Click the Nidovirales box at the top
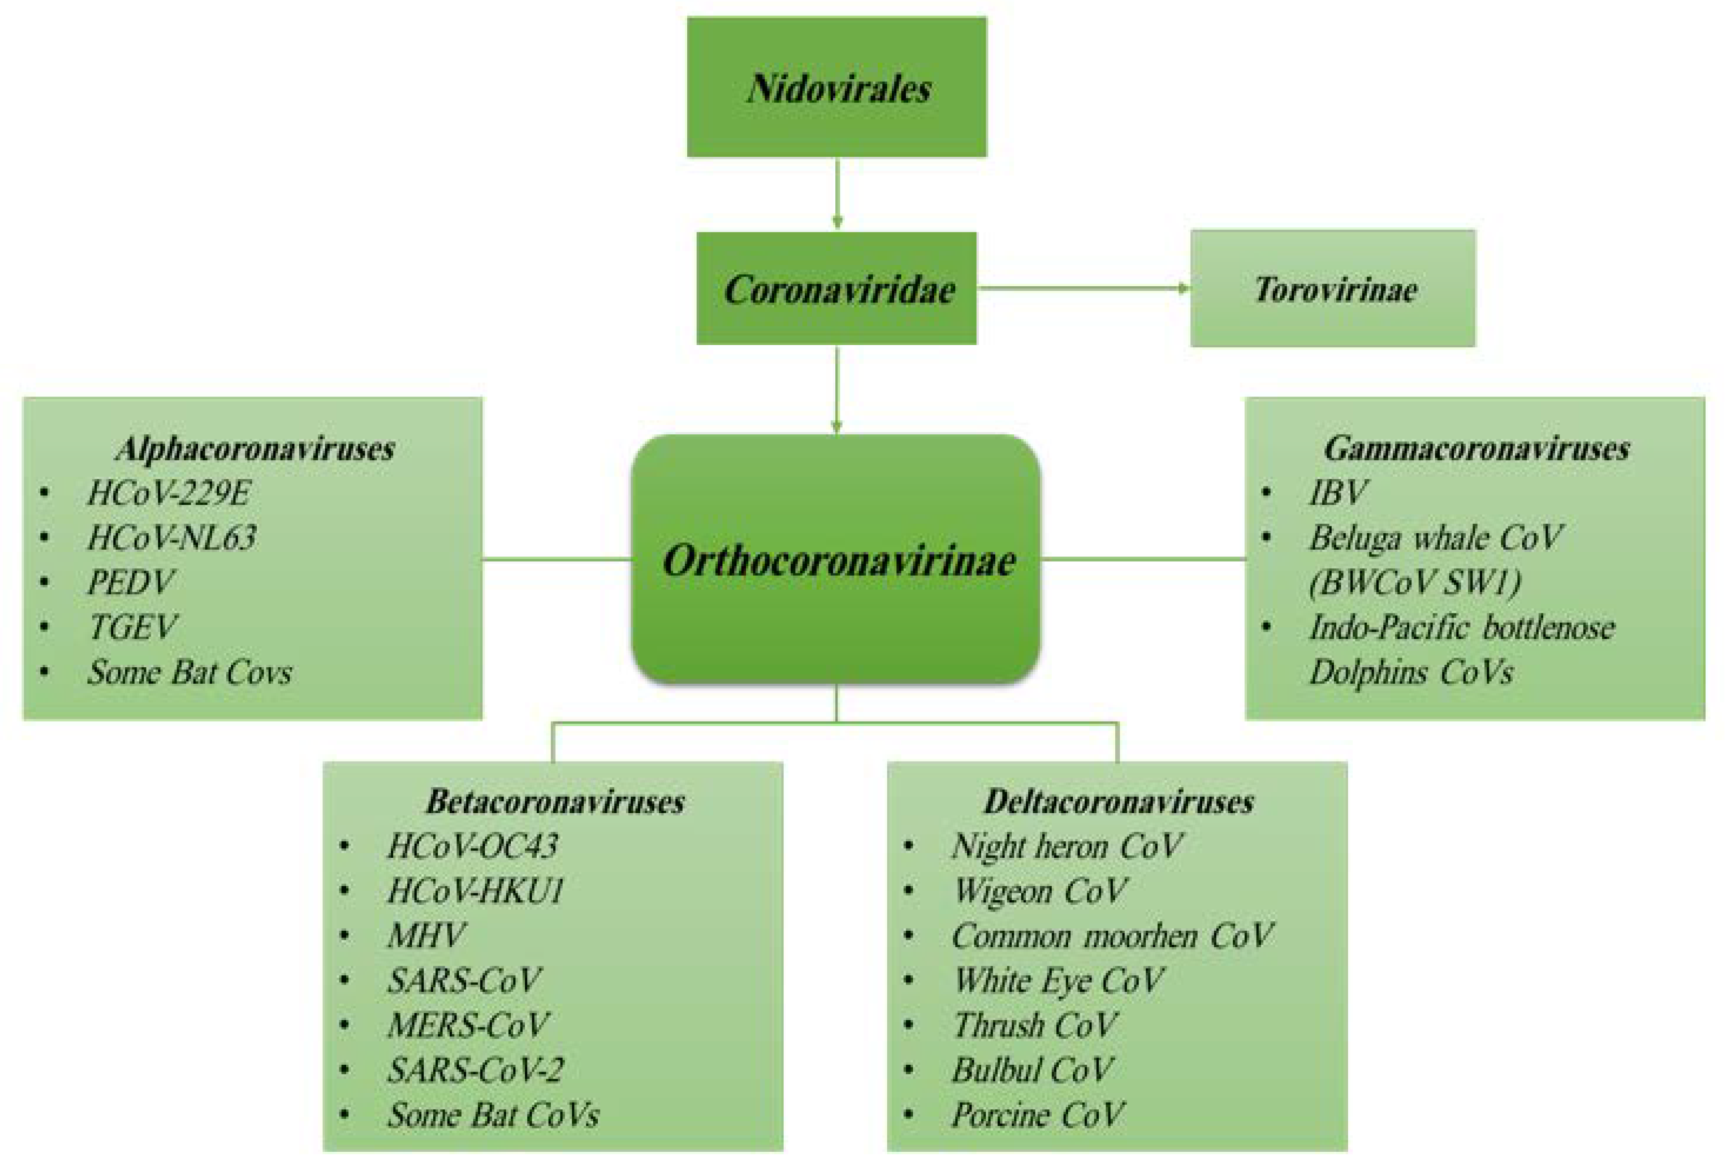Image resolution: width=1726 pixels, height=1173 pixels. (836, 87)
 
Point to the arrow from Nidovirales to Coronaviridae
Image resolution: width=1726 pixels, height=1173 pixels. (837, 193)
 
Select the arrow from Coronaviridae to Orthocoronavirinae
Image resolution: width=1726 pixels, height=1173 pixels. (837, 390)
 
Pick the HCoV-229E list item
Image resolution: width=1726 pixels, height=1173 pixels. (169, 492)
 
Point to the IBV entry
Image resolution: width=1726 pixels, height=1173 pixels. (1337, 492)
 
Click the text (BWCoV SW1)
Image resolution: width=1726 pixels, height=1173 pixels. (1415, 582)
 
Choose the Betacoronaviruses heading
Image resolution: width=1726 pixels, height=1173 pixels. (555, 801)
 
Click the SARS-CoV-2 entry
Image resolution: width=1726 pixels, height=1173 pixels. (475, 1070)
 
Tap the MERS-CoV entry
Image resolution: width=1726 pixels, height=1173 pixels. (467, 1025)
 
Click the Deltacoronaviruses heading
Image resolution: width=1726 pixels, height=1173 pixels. (1118, 801)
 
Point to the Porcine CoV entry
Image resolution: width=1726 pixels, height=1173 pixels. (1038, 1115)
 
